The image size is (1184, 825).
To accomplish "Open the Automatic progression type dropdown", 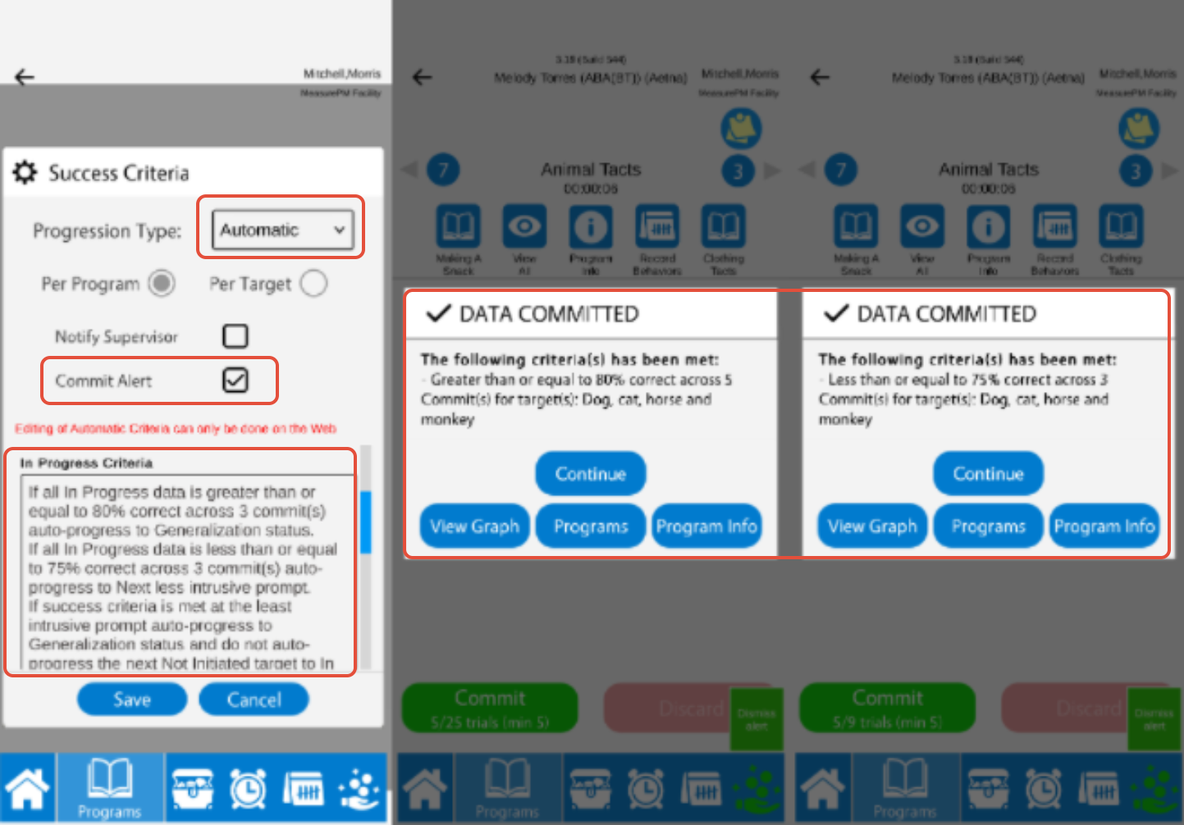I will pos(282,230).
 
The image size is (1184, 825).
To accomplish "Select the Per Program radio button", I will pos(162,284).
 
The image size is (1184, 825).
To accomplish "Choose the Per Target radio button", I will pos(313,284).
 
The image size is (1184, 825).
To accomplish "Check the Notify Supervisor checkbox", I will pos(235,336).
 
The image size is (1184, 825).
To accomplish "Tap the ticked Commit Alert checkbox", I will pos(235,381).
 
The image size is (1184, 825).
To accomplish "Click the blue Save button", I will pos(132,700).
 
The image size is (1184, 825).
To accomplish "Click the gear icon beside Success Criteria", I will pos(25,172).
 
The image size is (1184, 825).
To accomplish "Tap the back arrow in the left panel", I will pos(25,78).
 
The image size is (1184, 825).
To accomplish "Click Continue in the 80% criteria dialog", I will pos(590,474).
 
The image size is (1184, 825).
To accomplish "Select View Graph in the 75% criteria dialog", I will pos(872,526).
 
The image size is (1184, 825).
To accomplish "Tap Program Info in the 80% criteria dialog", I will pos(706,526).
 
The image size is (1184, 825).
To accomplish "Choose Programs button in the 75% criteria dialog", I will pos(988,526).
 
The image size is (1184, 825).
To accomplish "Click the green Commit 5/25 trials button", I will pos(490,708).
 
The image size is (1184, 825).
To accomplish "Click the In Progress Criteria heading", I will pos(87,463).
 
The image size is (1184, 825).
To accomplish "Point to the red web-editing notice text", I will pos(176,429).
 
